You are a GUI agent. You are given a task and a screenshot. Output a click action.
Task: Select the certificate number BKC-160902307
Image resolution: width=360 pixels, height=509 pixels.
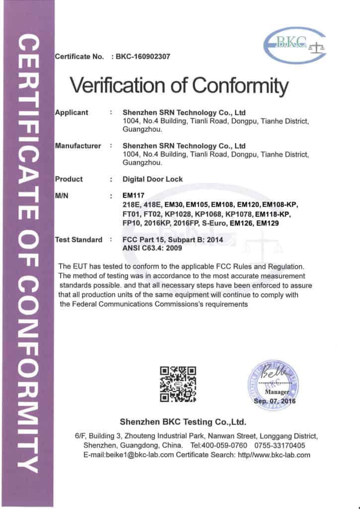click(x=144, y=57)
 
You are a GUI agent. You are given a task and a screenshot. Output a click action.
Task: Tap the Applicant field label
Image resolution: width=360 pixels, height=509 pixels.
click(x=72, y=112)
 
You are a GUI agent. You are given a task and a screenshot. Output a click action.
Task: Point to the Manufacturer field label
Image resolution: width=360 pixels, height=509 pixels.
click(x=78, y=146)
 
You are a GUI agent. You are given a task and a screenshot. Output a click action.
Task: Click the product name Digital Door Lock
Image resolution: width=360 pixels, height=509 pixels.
click(x=153, y=179)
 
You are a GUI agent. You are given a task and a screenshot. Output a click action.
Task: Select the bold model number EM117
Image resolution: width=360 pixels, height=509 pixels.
click(x=132, y=196)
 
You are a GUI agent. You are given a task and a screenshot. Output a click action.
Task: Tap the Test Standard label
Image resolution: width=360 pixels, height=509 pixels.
click(x=79, y=240)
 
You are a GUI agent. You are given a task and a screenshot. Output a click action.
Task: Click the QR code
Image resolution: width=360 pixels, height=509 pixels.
click(x=178, y=384)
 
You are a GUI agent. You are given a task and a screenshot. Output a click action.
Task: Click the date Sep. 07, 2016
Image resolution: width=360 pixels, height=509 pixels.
click(x=274, y=401)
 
